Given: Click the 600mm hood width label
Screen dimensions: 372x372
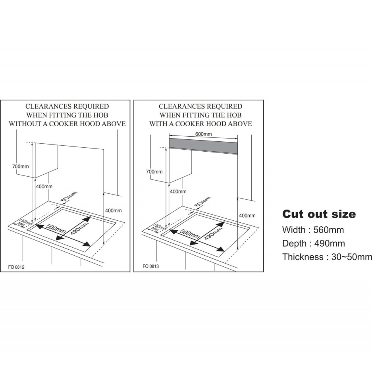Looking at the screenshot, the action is click(203, 134).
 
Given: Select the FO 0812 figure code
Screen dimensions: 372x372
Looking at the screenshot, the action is click(16, 267).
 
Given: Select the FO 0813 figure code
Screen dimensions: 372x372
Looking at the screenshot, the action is click(150, 266).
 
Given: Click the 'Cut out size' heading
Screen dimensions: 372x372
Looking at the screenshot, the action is click(319, 214).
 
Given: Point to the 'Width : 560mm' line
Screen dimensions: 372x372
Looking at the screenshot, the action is click(313, 230).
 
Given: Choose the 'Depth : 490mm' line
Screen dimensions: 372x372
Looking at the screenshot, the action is click(313, 243).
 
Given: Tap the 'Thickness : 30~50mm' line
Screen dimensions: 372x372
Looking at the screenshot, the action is click(327, 257).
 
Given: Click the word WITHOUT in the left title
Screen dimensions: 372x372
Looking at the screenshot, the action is click(25, 123).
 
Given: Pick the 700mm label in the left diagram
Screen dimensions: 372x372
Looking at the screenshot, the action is click(20, 166).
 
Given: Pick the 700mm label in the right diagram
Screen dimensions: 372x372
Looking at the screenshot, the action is click(154, 172).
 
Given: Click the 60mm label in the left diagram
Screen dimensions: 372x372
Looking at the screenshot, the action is click(69, 197).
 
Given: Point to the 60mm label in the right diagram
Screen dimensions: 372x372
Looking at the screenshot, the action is click(202, 202).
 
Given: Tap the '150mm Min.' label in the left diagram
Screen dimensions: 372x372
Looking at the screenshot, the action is click(24, 223).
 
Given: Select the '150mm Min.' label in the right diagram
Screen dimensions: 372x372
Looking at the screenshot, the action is click(158, 228).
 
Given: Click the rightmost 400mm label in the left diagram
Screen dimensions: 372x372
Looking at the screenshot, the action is click(114, 211).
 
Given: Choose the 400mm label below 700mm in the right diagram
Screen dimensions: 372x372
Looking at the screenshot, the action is click(178, 192).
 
